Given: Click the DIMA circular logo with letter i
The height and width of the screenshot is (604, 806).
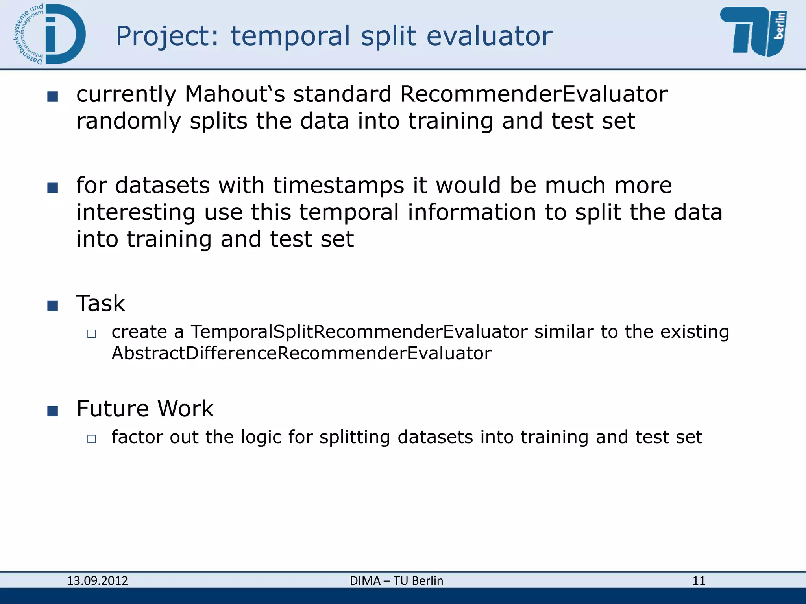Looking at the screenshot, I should (x=50, y=35).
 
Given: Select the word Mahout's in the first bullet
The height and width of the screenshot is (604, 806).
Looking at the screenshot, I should (x=235, y=94).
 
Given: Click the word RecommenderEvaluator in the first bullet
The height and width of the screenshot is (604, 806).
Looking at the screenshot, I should (x=534, y=94).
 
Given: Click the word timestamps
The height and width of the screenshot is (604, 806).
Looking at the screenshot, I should (x=338, y=186).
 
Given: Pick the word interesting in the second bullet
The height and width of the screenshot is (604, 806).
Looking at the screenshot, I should (x=136, y=212).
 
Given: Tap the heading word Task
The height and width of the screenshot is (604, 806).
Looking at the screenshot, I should (x=101, y=304).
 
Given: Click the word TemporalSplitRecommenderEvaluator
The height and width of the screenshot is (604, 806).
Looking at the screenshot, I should (x=359, y=332).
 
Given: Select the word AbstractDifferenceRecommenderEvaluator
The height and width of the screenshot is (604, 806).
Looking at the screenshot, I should (x=301, y=353).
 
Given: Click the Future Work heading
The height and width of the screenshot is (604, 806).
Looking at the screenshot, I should (x=145, y=409).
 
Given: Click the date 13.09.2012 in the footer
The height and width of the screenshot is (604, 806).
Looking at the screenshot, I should (x=97, y=581).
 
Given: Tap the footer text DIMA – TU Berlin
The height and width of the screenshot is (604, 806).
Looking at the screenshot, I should (x=396, y=581).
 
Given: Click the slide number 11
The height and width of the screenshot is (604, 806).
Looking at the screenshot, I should (x=699, y=581).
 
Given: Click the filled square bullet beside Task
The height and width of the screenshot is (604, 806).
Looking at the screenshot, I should (x=52, y=306).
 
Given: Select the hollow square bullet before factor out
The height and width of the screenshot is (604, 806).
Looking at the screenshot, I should (x=91, y=439).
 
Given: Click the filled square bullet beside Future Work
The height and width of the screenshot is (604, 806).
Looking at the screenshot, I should (x=52, y=411).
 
